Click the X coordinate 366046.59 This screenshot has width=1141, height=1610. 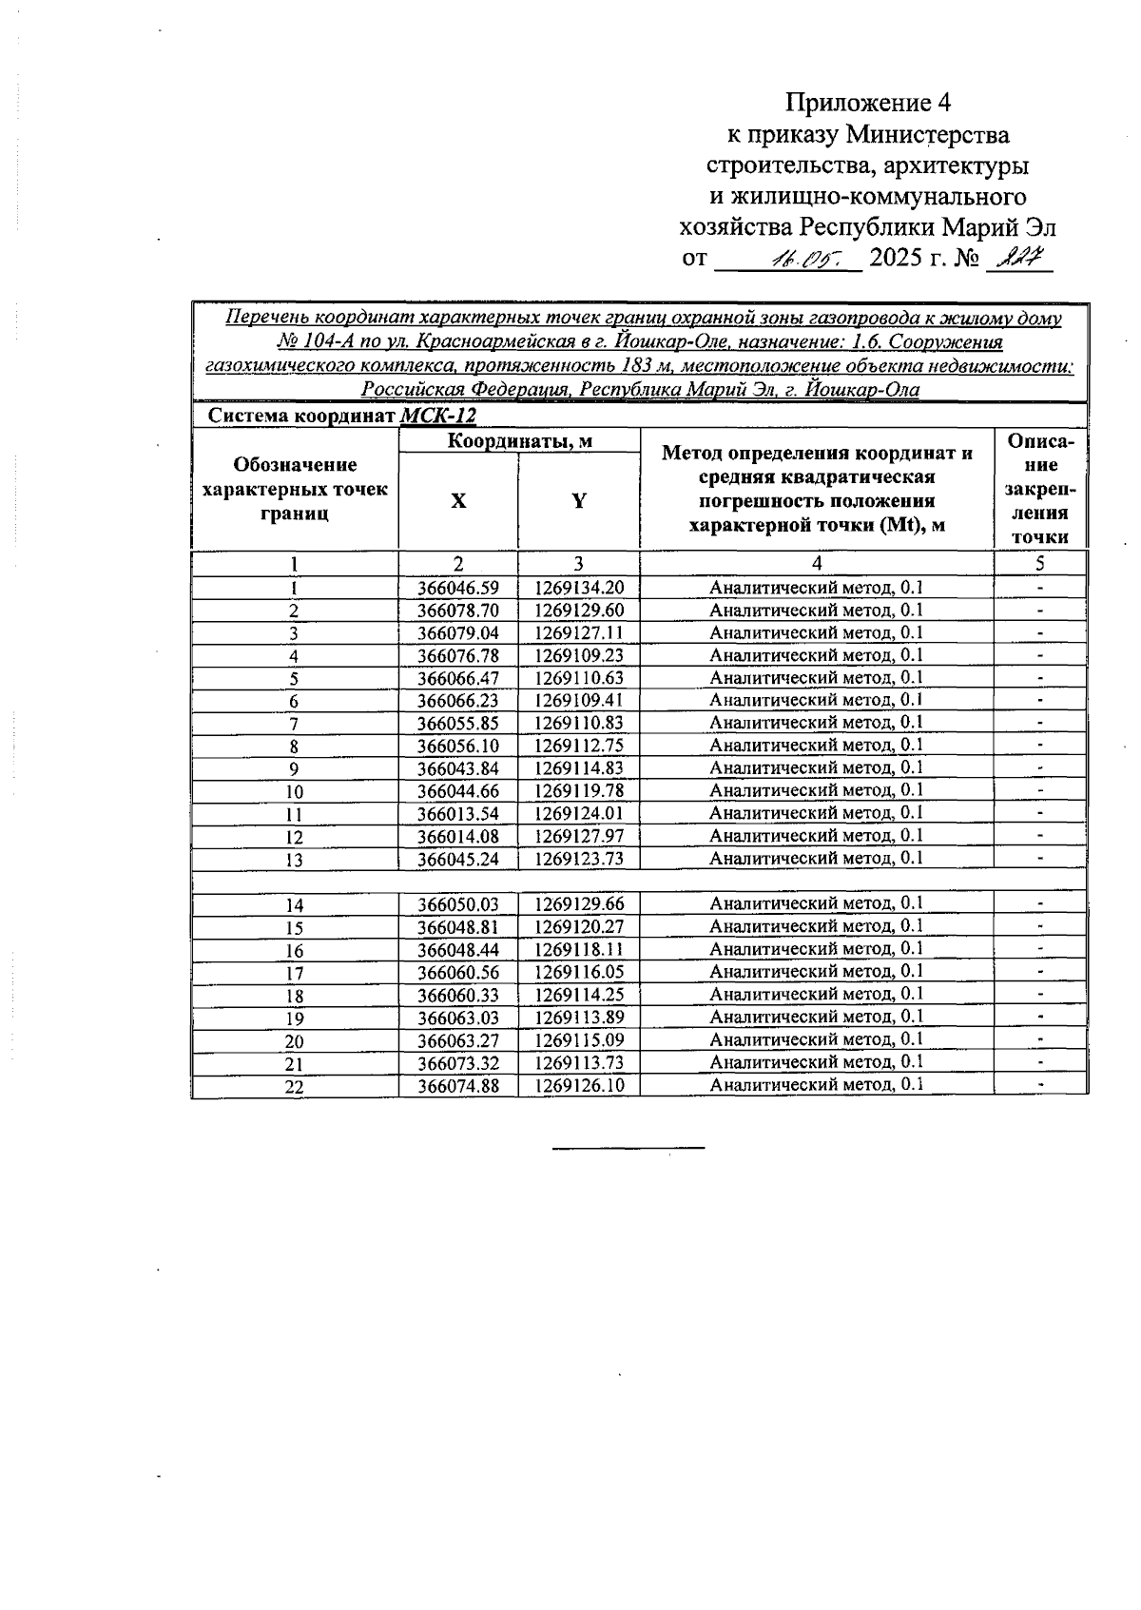point(458,589)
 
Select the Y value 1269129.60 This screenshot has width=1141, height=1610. point(579,611)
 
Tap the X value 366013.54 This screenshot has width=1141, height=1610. point(458,814)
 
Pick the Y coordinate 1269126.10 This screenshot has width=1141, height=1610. point(579,1086)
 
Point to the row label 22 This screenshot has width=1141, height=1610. point(295,1088)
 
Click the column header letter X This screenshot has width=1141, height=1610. point(458,501)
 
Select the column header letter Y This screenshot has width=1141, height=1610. point(579,501)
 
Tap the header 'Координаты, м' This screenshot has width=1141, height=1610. point(519,441)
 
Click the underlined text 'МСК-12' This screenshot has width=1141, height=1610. point(438,417)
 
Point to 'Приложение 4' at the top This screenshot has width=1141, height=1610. point(867,103)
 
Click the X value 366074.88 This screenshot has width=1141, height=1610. point(458,1086)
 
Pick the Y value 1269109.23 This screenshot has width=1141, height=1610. point(579,656)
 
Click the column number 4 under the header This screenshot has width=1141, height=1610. point(817,564)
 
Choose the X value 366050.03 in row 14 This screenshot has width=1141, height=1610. point(458,904)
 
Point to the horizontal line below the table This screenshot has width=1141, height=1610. point(629,1149)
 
